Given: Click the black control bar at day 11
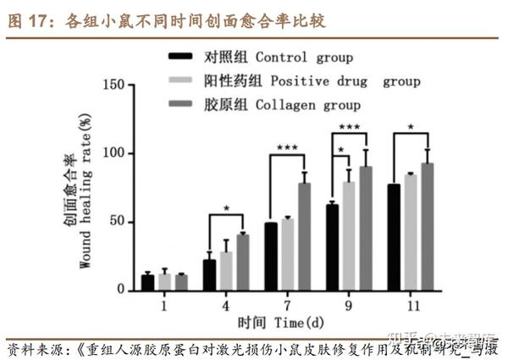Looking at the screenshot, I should [394, 237].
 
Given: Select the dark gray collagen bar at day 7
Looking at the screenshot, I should [304, 237].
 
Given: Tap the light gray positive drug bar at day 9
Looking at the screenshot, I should [347, 236].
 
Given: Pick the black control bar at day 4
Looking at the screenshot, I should [209, 275].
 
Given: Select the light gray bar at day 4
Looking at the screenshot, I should [225, 271].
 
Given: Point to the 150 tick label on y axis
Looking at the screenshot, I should [113, 85].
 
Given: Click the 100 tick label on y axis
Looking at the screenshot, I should [113, 153].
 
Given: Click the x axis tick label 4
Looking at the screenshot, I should [225, 302].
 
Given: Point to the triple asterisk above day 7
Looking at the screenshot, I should [287, 147].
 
